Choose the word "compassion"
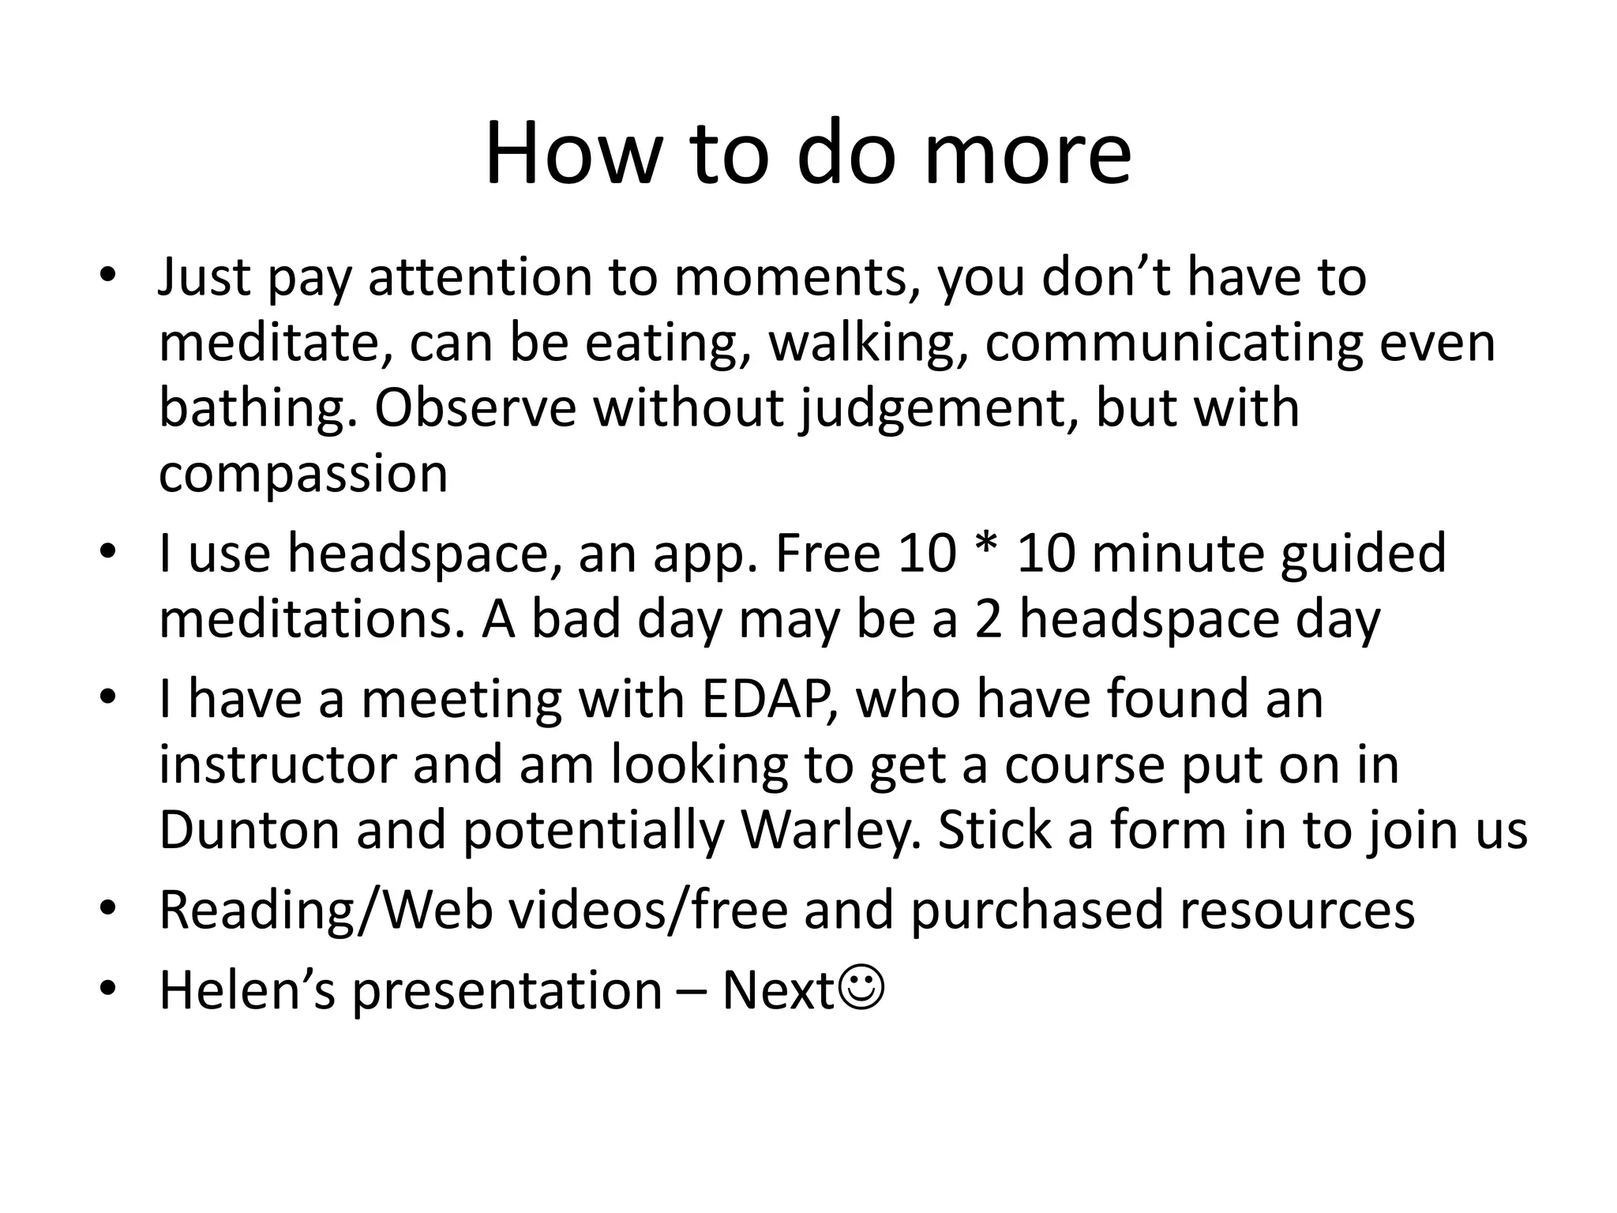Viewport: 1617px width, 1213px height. [303, 474]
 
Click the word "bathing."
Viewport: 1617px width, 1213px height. [260, 409]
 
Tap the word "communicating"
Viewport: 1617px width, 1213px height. [1174, 344]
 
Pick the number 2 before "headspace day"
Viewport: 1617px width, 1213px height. [988, 619]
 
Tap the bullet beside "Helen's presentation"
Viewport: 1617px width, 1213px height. [108, 990]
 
